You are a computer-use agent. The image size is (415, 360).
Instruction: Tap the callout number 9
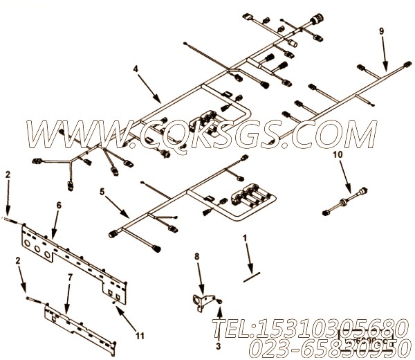click(381, 32)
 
